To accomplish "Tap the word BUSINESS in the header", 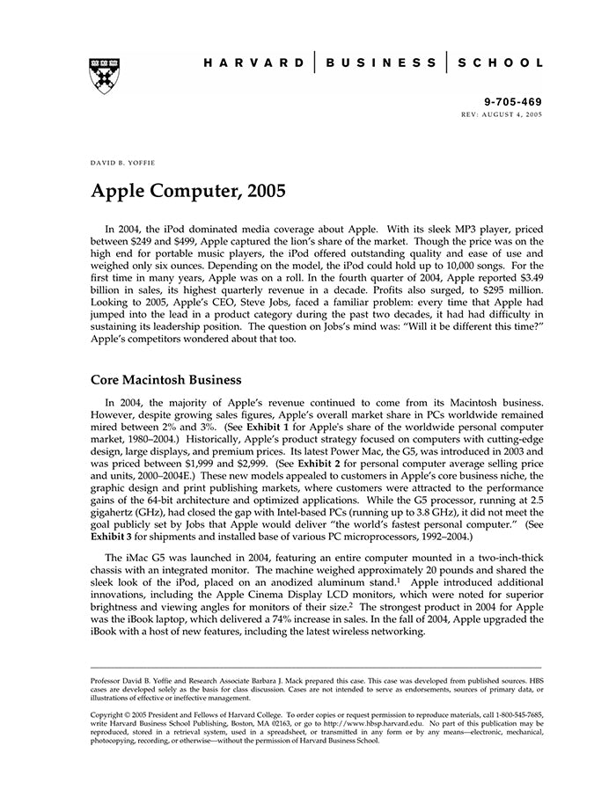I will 380,63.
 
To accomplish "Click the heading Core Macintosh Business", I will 166,380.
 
